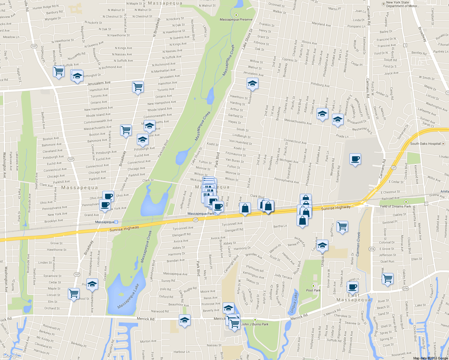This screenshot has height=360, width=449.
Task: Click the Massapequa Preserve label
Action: pyautogui.click(x=236, y=19)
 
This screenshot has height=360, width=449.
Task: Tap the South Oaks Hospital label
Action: pyautogui.click(x=425, y=144)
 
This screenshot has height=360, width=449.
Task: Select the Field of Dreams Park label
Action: pyautogui.click(x=395, y=206)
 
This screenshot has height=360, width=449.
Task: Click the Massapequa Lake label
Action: pyautogui.click(x=128, y=296)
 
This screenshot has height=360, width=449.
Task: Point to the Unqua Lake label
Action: pyautogui.click(x=294, y=302)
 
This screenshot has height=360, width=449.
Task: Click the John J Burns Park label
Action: pyautogui.click(x=255, y=324)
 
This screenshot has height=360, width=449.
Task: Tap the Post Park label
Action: pyautogui.click(x=313, y=290)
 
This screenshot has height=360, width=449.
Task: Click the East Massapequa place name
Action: pyautogui.click(x=354, y=298)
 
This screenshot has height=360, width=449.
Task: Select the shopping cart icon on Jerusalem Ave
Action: pyautogui.click(x=138, y=87)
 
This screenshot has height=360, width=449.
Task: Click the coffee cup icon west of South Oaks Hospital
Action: pyautogui.click(x=355, y=159)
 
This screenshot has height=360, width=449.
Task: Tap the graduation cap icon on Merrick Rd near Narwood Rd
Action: pyautogui.click(x=185, y=320)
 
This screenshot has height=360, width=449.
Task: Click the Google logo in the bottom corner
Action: pyautogui.click(x=11, y=355)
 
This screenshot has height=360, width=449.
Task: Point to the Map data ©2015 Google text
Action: pyautogui.click(x=430, y=358)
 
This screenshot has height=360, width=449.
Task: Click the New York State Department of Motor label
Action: pyautogui.click(x=402, y=4)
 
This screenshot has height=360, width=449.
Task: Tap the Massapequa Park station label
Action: pyautogui.click(x=201, y=214)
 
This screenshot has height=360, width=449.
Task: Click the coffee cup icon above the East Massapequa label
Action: pyautogui.click(x=352, y=287)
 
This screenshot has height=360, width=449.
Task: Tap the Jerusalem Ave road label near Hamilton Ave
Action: pyautogui.click(x=99, y=83)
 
